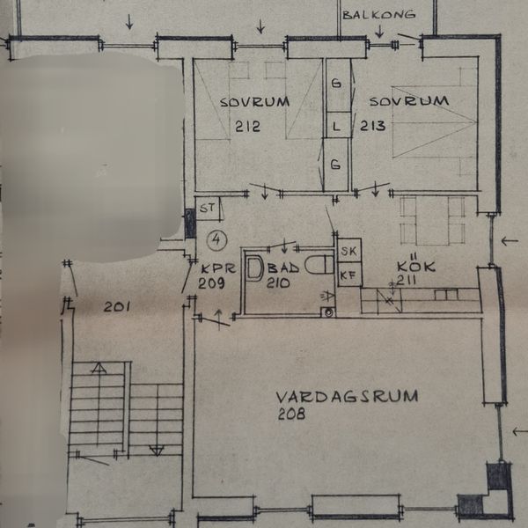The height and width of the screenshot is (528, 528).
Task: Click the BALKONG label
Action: click(378, 14)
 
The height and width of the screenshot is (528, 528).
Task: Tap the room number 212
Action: click(247, 126)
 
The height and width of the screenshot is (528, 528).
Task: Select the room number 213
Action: click(373, 126)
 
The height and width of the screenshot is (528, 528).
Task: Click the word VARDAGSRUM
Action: click(347, 396)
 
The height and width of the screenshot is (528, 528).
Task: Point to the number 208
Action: click(291, 414)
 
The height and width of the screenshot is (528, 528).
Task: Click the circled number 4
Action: click(217, 240)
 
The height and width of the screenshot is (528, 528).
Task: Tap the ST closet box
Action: click(208, 209)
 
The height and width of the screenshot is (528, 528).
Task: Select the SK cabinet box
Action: click(349, 250)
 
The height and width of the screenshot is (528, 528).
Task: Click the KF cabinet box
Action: click(349, 275)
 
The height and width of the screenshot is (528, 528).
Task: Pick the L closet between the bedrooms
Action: click(337, 125)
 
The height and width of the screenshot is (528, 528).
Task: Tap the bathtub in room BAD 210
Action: click(254, 268)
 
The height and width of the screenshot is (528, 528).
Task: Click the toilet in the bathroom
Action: click(319, 265)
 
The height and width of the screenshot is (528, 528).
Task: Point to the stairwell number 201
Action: click(116, 307)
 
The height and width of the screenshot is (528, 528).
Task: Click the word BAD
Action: click(282, 268)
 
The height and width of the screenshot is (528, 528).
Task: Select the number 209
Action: click(211, 282)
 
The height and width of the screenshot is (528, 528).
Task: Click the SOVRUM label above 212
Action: click(254, 102)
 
